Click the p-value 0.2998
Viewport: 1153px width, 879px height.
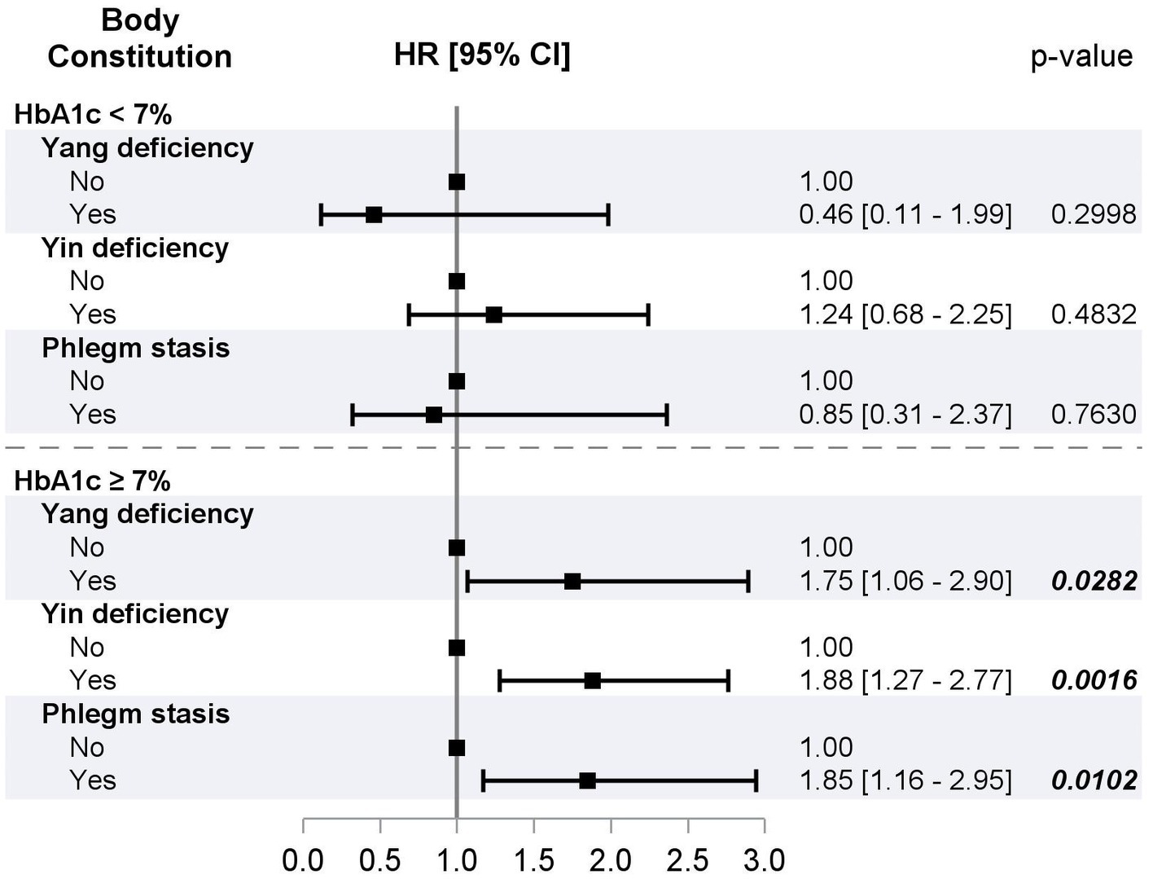tap(1093, 214)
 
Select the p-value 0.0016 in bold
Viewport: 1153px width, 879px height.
tap(1093, 680)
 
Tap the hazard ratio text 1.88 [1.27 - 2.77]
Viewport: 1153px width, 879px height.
tap(905, 680)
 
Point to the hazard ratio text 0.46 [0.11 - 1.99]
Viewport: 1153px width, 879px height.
tap(905, 214)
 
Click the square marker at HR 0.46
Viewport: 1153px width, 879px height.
tap(374, 215)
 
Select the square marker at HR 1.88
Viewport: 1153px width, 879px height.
tap(592, 681)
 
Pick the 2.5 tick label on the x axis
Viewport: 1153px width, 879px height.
tap(688, 860)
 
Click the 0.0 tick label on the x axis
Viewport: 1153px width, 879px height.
tap(303, 860)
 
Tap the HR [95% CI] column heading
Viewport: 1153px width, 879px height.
tap(482, 55)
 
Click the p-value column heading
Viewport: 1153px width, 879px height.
tap(1081, 56)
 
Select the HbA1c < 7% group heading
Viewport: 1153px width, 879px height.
tap(93, 114)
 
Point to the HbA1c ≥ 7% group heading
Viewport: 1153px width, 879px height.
tap(93, 481)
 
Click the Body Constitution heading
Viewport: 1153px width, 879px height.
tap(140, 38)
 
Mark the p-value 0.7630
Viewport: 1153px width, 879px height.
tap(1093, 414)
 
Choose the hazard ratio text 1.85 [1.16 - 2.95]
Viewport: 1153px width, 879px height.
tap(905, 780)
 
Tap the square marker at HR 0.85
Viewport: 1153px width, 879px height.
tap(434, 415)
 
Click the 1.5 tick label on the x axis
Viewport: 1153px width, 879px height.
tap(534, 860)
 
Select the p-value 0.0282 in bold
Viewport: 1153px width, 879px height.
tap(1093, 581)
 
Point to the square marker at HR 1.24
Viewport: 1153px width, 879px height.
tap(493, 315)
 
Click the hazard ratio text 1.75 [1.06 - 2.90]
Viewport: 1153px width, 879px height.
tap(905, 581)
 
